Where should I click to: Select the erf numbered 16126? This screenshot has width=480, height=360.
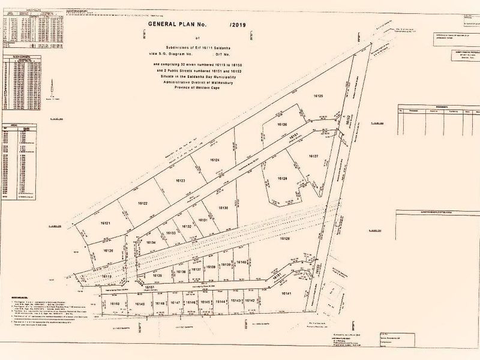(282, 124)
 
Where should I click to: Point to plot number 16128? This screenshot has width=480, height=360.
(282, 178)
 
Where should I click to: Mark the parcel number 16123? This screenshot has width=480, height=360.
(181, 181)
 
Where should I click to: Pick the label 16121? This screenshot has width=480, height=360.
(106, 223)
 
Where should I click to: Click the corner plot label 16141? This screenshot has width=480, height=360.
(285, 293)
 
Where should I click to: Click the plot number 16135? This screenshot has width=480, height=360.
(158, 275)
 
